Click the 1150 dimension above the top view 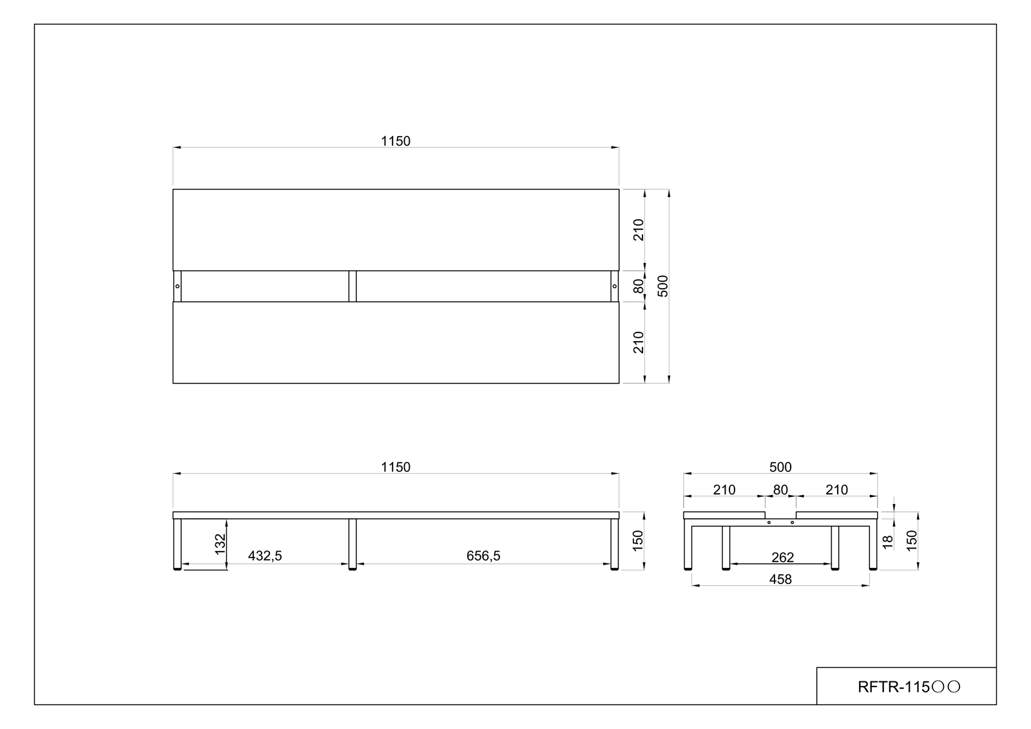(x=395, y=141)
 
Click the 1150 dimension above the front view (x=395, y=467)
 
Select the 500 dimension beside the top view (x=663, y=286)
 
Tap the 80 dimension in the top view (x=639, y=286)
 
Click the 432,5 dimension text (x=265, y=556)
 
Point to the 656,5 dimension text (x=483, y=556)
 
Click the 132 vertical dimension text (x=220, y=544)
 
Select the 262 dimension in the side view (x=782, y=557)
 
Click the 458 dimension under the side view (x=780, y=579)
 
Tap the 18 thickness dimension (x=889, y=542)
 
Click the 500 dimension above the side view (x=780, y=467)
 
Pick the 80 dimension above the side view (x=780, y=490)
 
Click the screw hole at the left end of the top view (x=177, y=286)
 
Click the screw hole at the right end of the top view (x=614, y=286)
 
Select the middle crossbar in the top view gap (x=352, y=286)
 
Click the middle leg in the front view (x=352, y=543)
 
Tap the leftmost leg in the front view (x=178, y=543)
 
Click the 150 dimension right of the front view (x=638, y=540)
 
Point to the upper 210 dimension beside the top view (x=639, y=229)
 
